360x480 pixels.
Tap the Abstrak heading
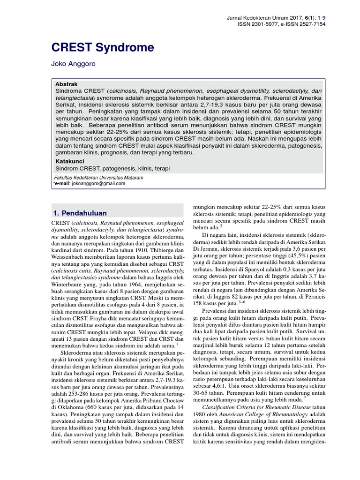pos(66,84)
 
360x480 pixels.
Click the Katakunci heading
pos(70,161)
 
